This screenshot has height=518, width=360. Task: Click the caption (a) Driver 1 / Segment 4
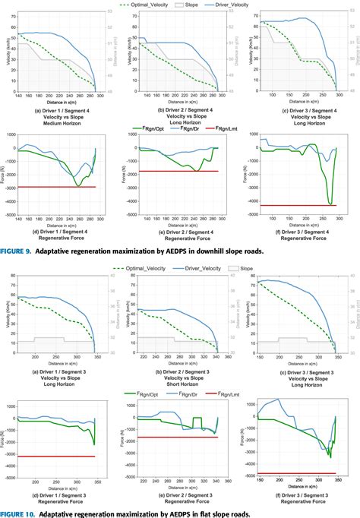[x=57, y=111]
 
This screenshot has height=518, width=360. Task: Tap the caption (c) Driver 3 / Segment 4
[x=300, y=111]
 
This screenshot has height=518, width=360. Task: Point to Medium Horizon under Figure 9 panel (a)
[x=57, y=123]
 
